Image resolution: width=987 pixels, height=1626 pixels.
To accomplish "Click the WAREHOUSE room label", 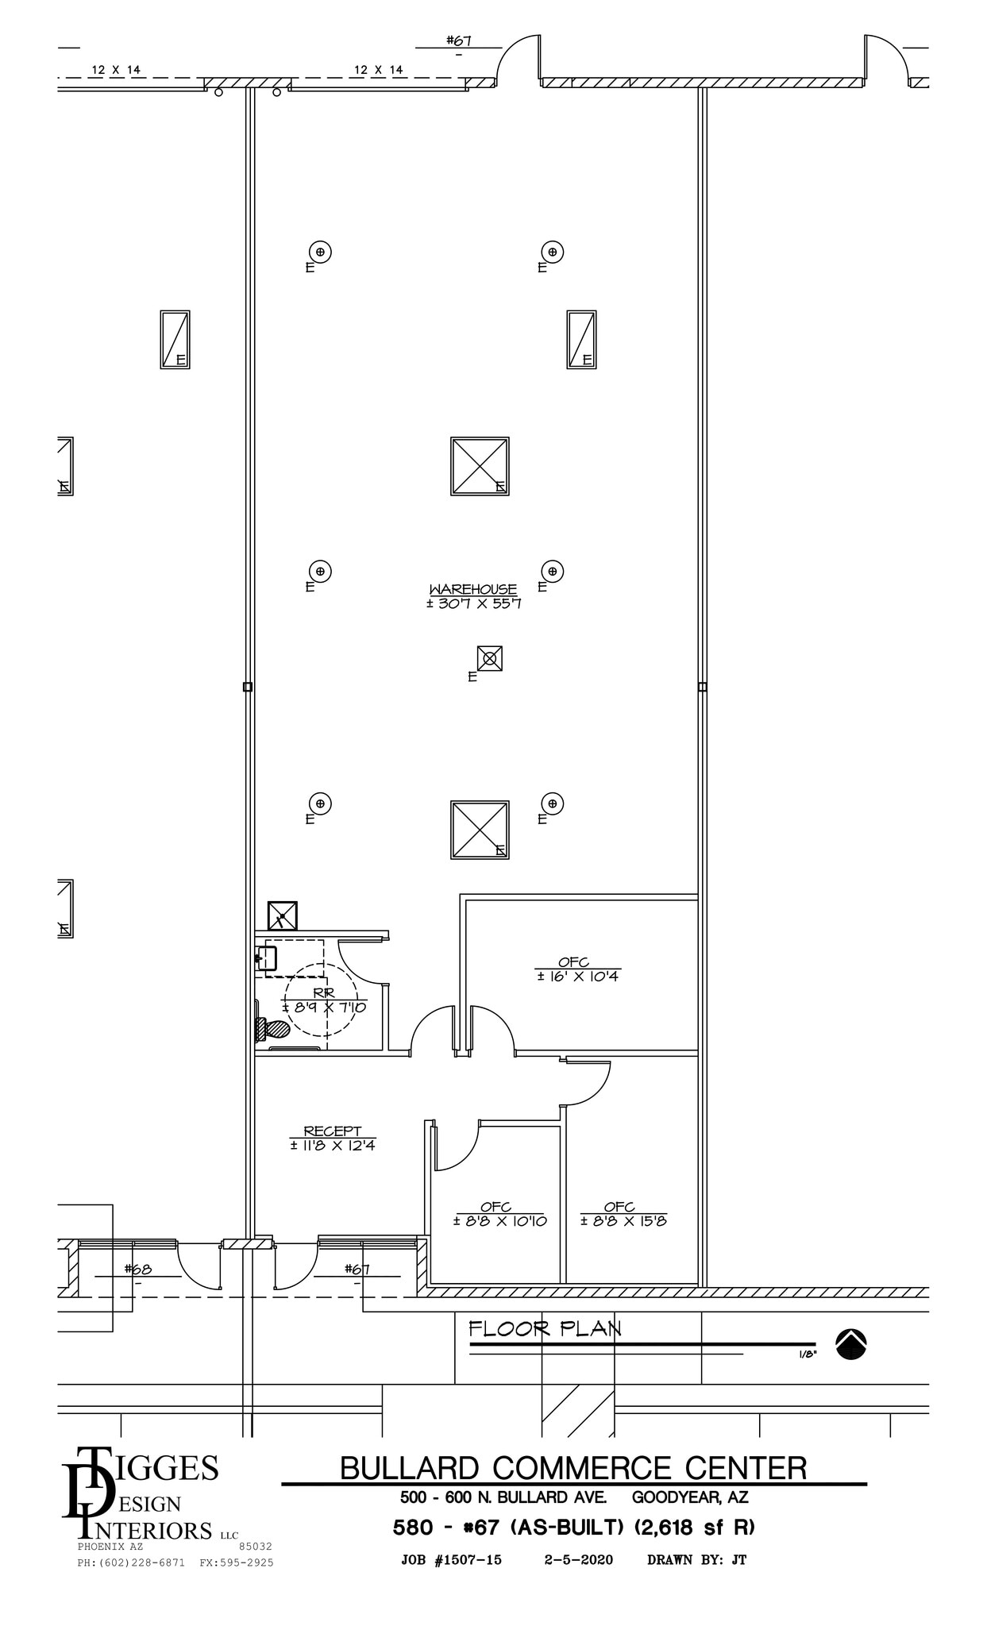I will [x=472, y=589].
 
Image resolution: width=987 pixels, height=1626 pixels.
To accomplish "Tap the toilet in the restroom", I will [x=272, y=1029].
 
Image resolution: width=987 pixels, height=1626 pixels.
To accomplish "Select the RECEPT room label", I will [x=332, y=1131].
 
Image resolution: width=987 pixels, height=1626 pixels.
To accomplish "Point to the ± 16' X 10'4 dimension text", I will [x=577, y=977].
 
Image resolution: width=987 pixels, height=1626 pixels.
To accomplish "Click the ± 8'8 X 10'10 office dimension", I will [x=499, y=1221].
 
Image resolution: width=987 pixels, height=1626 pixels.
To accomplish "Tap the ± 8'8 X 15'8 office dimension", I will [x=623, y=1221].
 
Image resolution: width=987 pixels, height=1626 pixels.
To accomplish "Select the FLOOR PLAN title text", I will [x=545, y=1328].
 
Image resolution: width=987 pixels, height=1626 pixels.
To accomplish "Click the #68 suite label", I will [x=137, y=1269].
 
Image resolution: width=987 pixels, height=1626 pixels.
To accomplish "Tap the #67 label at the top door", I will [x=459, y=40].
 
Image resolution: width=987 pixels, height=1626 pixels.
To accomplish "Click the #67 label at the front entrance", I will [x=357, y=1269].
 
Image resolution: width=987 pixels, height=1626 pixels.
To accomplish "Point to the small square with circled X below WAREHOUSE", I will [x=489, y=658].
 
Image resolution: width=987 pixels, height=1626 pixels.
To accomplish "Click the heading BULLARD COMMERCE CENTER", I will [x=573, y=1468].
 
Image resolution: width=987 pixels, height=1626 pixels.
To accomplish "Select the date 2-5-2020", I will [x=578, y=1559].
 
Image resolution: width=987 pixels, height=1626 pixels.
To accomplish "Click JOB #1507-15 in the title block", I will [x=451, y=1559].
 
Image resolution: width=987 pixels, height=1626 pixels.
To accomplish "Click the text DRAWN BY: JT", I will [x=696, y=1559].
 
